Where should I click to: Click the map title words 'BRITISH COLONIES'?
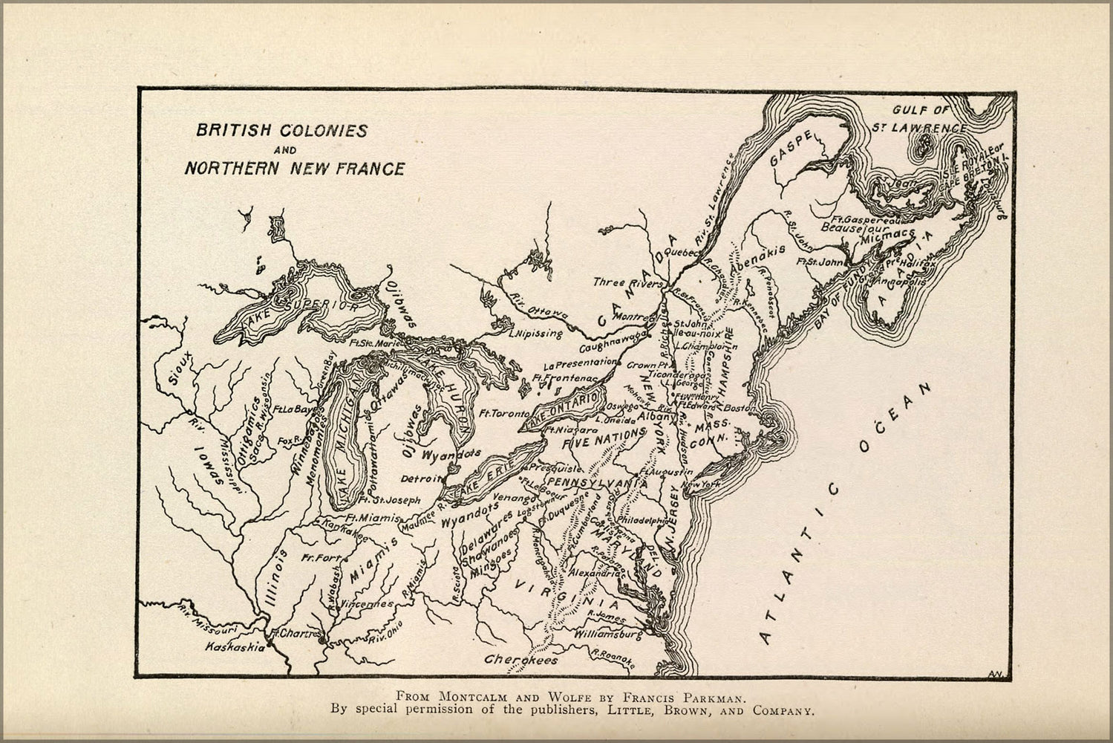[281, 131]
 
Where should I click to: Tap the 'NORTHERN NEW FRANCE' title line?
[295, 169]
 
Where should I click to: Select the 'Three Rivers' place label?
[627, 283]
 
